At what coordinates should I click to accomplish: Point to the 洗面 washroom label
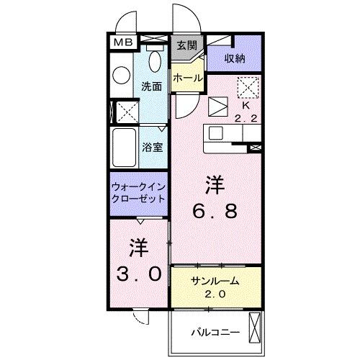(x=150, y=85)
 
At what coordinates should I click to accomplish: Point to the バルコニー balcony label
(x=214, y=332)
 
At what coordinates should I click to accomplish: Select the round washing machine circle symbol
(x=120, y=73)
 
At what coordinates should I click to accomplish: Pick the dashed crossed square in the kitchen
(x=247, y=87)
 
